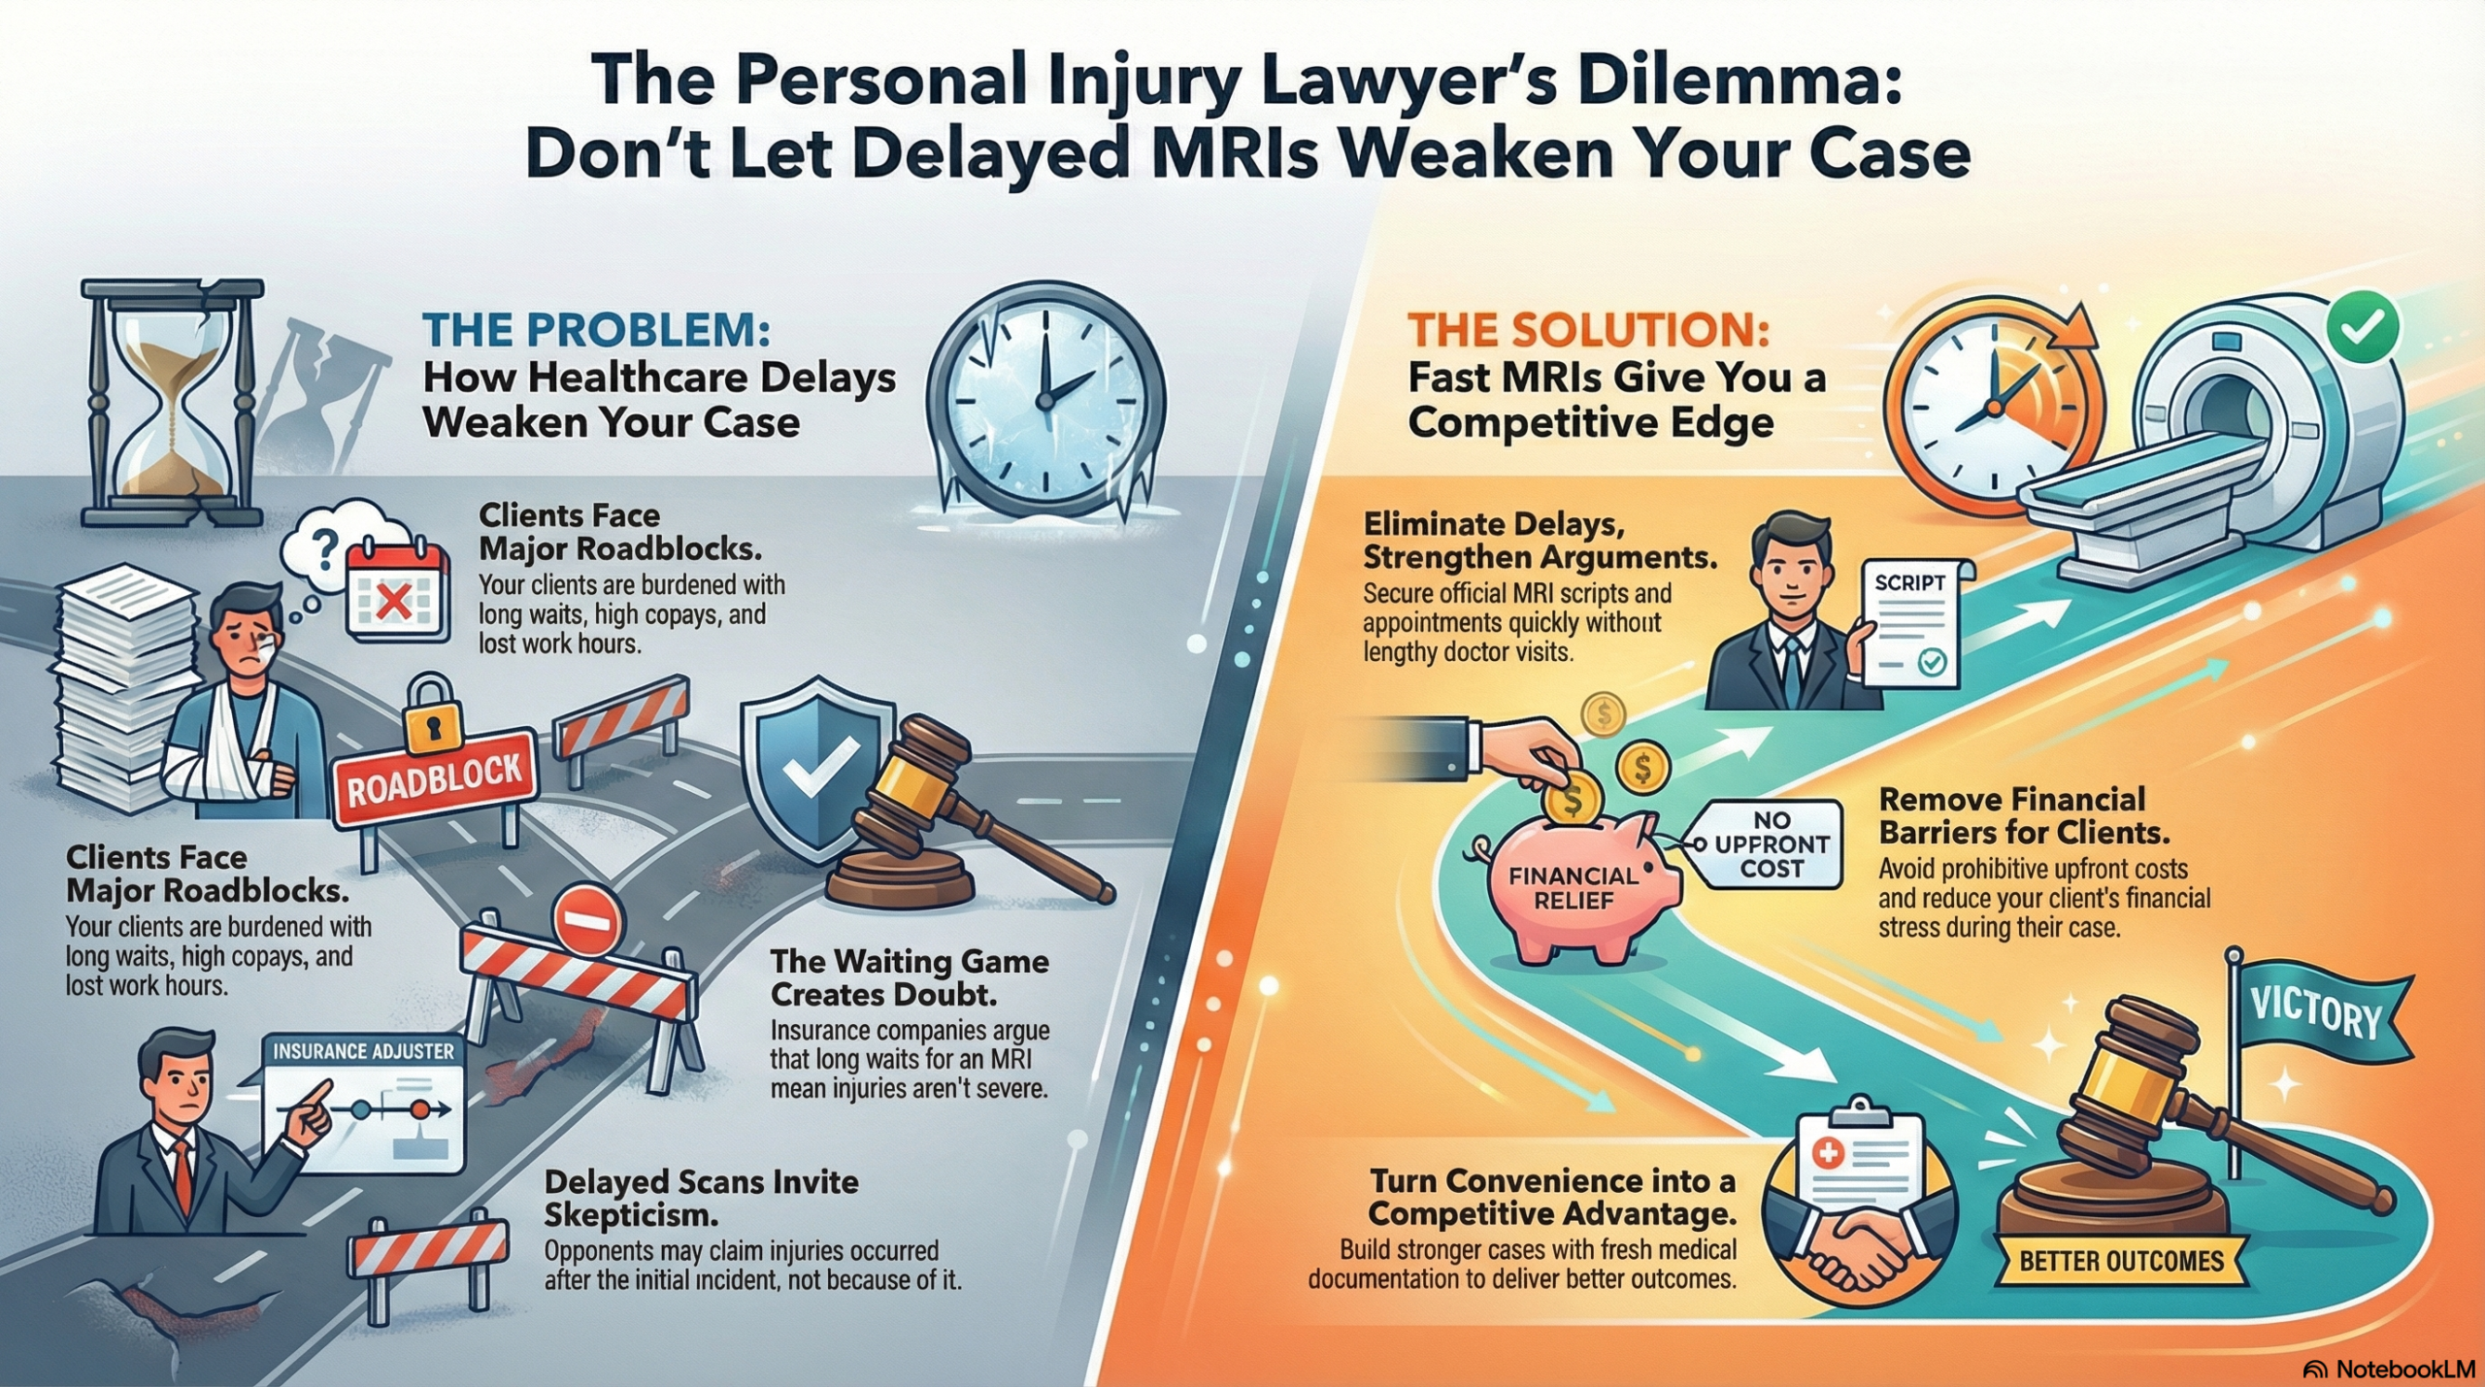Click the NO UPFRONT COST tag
(1771, 844)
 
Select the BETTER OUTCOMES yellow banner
(2121, 1261)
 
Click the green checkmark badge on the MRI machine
(2362, 328)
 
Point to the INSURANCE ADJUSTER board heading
(363, 1051)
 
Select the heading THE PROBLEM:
(596, 331)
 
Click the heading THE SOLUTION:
(1588, 331)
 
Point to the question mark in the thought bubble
(326, 552)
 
